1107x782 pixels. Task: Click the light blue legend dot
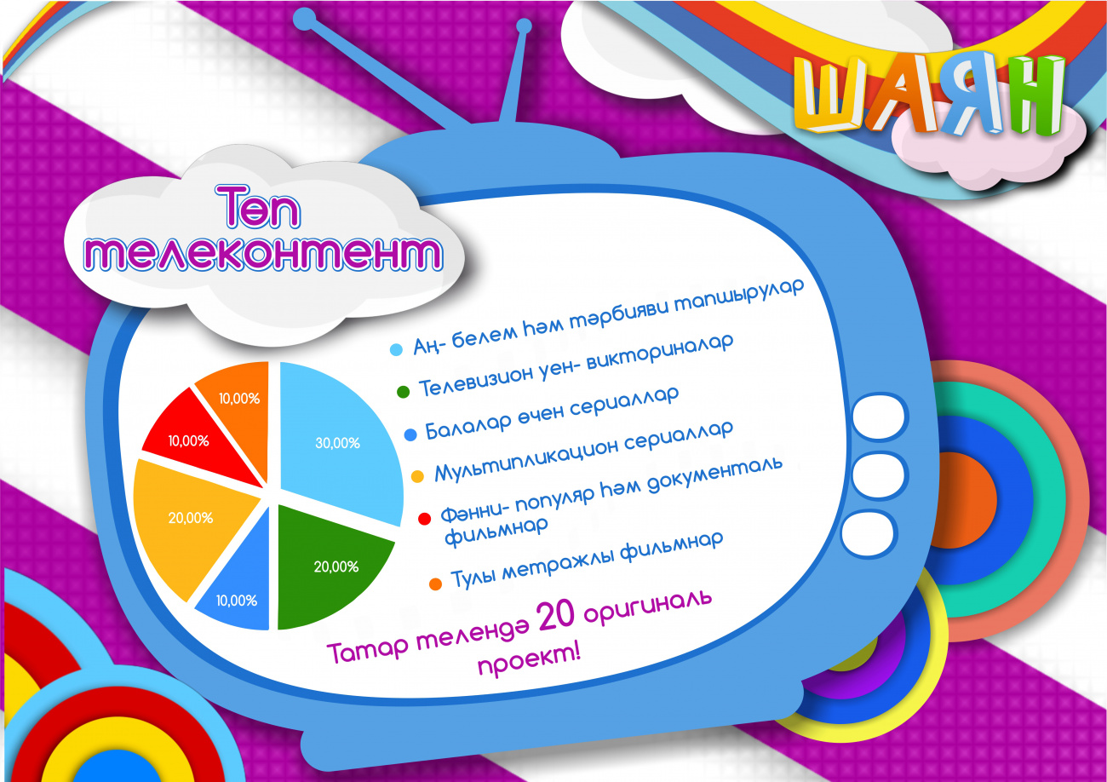[396, 349]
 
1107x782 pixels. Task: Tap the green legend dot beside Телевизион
[404, 392]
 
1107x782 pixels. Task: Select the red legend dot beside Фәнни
[425, 519]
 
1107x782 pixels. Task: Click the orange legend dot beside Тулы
[435, 584]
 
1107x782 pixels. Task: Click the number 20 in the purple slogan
[556, 616]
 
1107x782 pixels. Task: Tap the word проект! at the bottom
[529, 661]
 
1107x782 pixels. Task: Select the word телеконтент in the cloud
[263, 253]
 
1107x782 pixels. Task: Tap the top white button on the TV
[879, 417]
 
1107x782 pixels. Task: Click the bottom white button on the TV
[869, 533]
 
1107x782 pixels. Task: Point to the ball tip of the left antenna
[304, 18]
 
